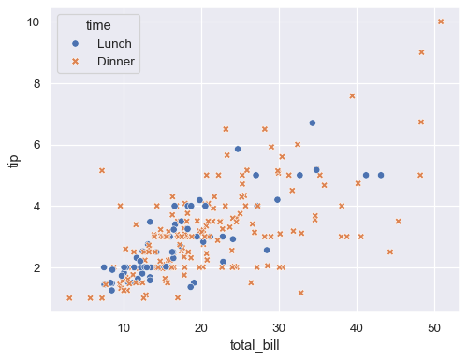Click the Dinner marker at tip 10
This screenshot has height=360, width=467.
pos(441,22)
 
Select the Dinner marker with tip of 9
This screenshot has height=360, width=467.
pos(421,52)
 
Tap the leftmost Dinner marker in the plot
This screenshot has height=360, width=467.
pos(69,298)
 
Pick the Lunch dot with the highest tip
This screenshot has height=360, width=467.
pos(313,122)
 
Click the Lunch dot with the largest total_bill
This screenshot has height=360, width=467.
pos(381,175)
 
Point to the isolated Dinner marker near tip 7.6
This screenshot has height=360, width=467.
pos(352,95)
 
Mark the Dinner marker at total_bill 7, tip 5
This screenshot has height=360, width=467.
pos(102,170)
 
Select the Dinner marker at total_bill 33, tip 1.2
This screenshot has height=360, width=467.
pos(301,293)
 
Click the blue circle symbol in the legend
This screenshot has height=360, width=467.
pos(75,43)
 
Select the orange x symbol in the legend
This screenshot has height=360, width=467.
pos(75,62)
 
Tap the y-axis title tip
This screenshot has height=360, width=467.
pos(14,161)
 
